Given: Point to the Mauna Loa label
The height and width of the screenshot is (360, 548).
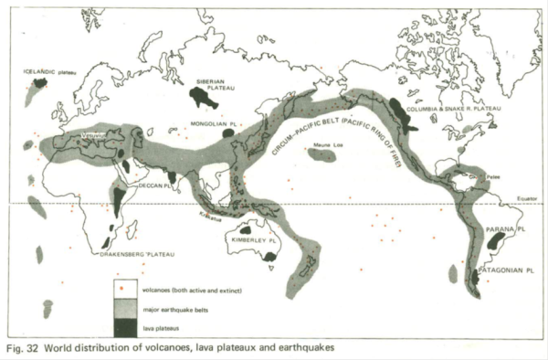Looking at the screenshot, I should (x=316, y=145).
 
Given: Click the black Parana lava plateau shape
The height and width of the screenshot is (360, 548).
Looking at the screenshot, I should (x=496, y=241).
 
